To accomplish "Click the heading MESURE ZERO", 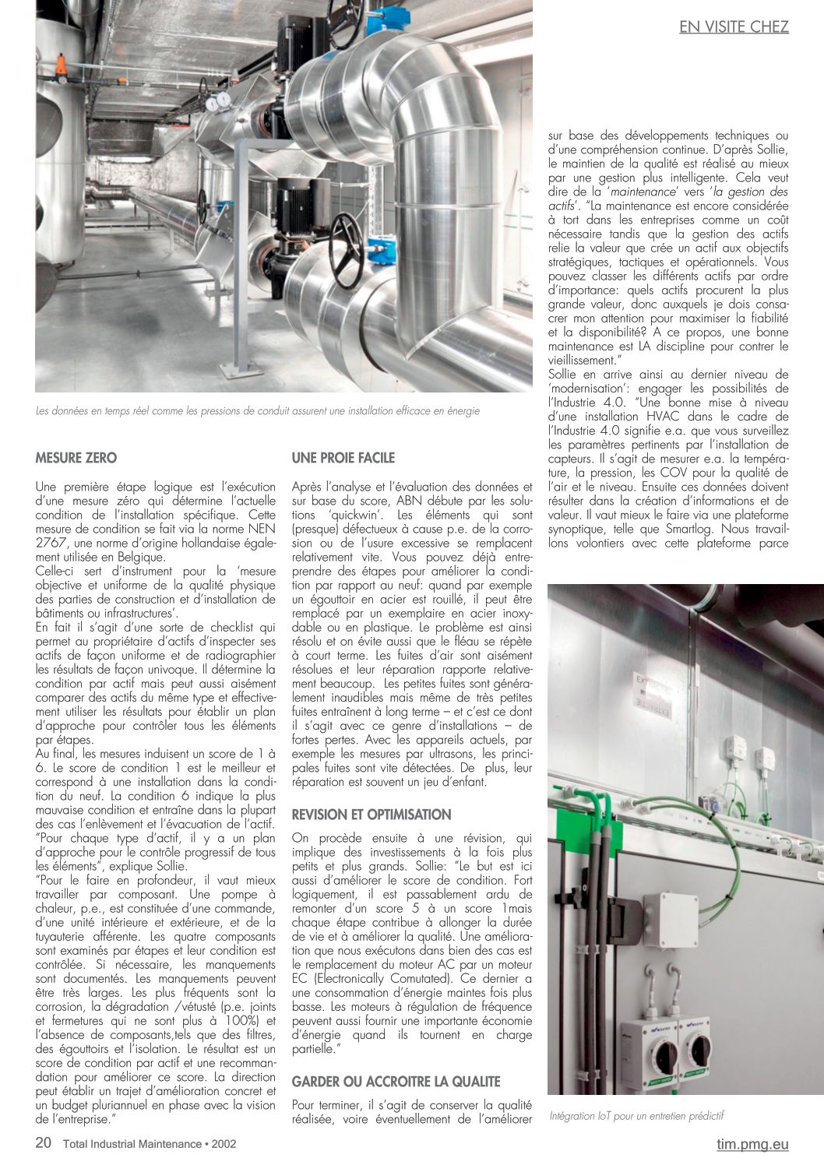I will click(76, 458).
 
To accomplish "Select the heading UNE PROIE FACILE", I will click(343, 458).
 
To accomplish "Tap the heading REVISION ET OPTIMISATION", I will click(372, 815).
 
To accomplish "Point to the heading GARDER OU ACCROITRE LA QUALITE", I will click(396, 1082).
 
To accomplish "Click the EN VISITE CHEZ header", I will click(734, 27).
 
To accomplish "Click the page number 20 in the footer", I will click(44, 1143).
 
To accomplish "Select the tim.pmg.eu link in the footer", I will click(752, 1144).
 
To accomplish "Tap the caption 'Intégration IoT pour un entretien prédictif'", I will click(636, 1115).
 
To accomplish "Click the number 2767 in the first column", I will click(51, 543).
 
